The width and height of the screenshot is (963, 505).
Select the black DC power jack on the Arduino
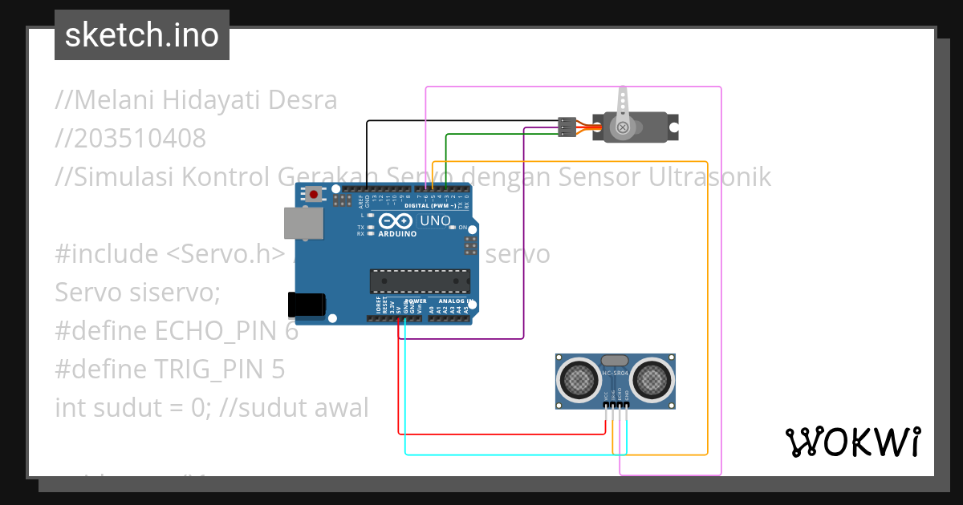307,305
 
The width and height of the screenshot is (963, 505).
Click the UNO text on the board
435,220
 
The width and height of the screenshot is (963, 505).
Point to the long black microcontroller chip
420,281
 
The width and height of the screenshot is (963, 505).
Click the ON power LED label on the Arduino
462,228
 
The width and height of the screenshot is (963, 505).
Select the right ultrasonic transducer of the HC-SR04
652,378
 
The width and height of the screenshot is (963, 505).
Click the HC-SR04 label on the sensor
615,374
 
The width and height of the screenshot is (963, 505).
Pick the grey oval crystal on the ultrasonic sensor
615,362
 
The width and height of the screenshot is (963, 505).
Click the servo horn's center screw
621,127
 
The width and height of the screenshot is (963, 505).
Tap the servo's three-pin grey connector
567,127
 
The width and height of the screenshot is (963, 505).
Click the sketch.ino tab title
142,35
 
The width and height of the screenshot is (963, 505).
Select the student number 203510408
131,139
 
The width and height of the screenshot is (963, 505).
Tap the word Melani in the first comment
116,100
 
